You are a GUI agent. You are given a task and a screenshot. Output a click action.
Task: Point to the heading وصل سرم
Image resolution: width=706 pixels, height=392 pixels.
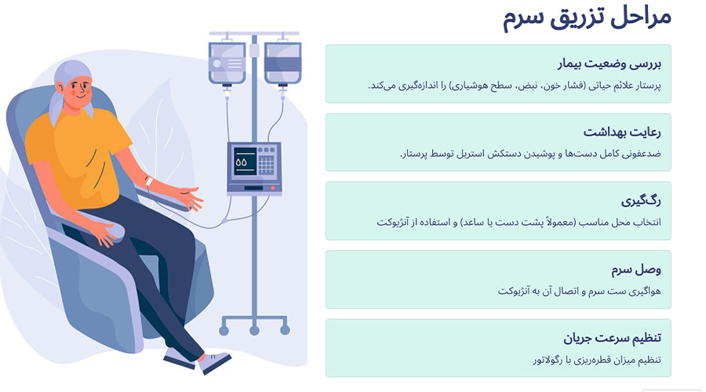(x=638, y=270)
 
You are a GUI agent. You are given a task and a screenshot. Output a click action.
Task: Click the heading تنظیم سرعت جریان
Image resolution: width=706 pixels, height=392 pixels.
(x=613, y=338)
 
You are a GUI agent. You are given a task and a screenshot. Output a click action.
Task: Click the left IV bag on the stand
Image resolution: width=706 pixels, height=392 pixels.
(x=227, y=63)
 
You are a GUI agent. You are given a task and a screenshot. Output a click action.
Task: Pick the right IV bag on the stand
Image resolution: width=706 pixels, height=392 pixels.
(x=282, y=63)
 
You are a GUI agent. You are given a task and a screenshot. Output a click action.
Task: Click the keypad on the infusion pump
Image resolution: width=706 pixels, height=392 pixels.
(x=267, y=165)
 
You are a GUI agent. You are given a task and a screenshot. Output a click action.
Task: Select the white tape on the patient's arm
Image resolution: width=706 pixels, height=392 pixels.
(x=148, y=181)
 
